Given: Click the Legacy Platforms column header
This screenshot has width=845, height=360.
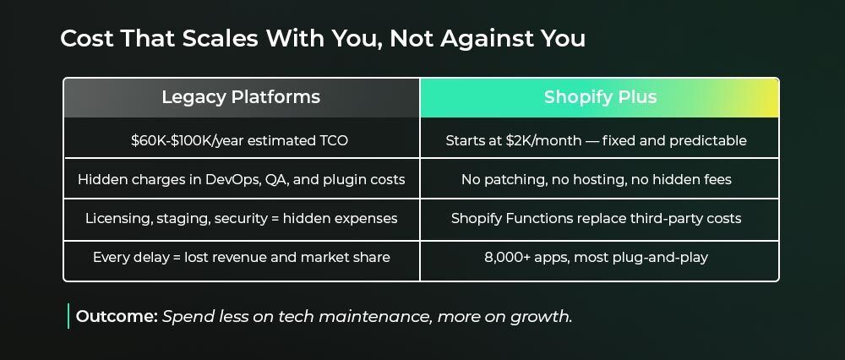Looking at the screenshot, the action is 242,97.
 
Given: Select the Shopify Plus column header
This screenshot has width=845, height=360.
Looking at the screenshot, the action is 600,97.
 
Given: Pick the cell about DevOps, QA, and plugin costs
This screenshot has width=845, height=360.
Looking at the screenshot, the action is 242,179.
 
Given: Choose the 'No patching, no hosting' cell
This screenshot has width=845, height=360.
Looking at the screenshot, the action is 600,179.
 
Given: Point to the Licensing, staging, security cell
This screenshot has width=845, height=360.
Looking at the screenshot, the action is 242,220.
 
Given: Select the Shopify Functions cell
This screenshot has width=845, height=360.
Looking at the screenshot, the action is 600,220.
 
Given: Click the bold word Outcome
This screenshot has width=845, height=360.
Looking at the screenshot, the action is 117,316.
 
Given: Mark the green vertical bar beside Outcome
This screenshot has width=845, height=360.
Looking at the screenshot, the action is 68,316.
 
